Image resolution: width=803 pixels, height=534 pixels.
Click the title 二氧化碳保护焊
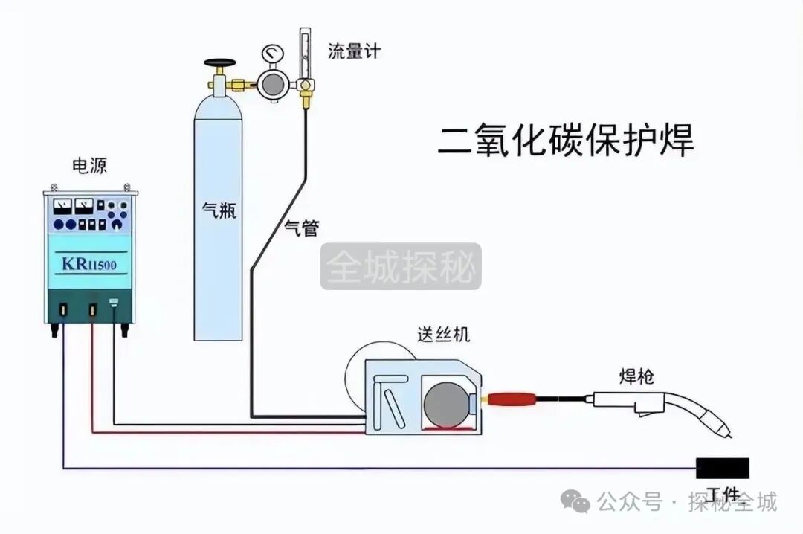[x=565, y=141]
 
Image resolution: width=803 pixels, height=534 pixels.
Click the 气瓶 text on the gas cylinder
[x=219, y=211]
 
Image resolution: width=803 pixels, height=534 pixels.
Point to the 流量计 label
[x=354, y=51]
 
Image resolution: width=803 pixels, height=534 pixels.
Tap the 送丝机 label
[x=443, y=335]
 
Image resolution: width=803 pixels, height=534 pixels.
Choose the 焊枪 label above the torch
[x=636, y=377]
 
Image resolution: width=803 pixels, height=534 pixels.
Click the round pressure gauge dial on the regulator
[x=272, y=54]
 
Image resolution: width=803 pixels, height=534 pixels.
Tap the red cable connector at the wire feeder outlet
[x=511, y=399]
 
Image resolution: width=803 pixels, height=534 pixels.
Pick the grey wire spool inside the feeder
[x=445, y=405]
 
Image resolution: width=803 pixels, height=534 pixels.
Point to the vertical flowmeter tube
[x=303, y=54]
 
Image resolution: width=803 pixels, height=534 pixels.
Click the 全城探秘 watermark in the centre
[x=401, y=266]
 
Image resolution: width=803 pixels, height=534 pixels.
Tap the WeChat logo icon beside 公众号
[x=577, y=502]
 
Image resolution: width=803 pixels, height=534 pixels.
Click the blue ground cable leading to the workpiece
[x=372, y=469]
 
